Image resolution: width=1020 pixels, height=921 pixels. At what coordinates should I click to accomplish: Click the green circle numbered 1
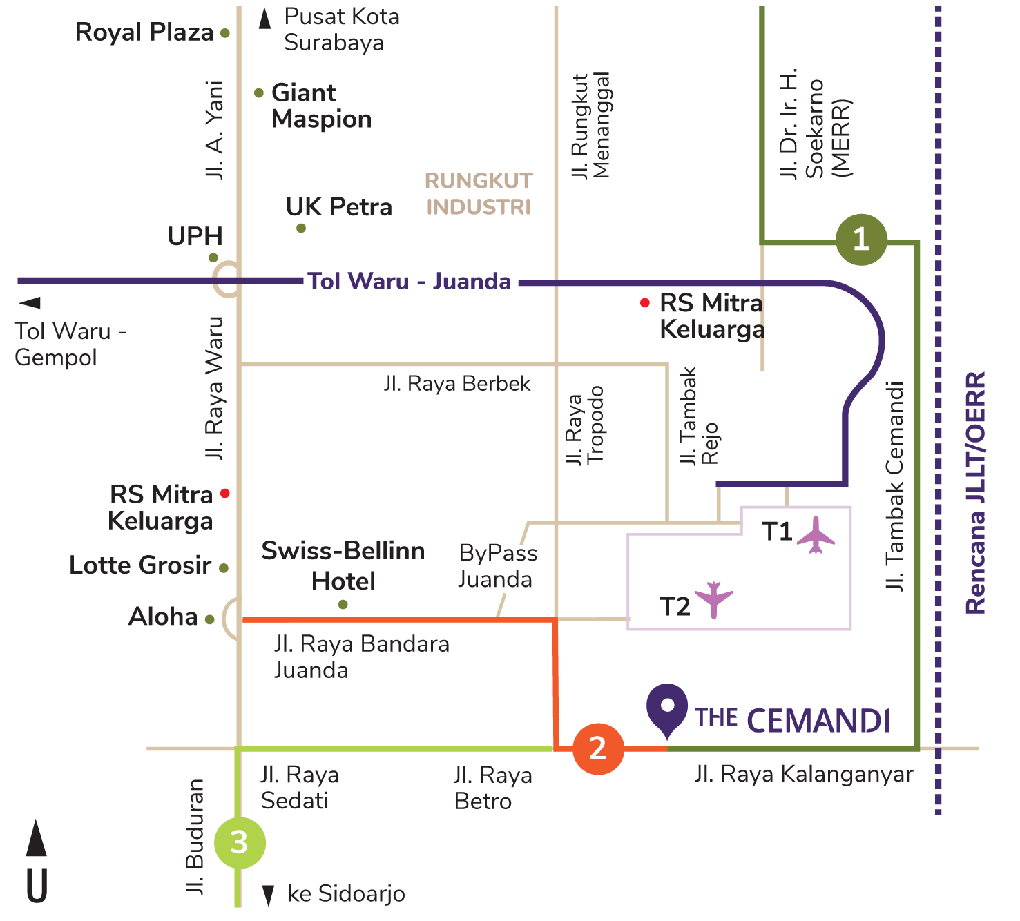click(x=860, y=240)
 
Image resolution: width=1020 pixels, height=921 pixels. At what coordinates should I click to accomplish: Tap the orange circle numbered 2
click(x=598, y=748)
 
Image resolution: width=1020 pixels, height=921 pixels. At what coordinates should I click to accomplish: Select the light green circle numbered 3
click(x=239, y=842)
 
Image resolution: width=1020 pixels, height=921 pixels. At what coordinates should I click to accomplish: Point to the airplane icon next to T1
click(x=816, y=535)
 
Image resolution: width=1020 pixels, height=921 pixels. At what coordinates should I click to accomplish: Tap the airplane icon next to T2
click(x=714, y=599)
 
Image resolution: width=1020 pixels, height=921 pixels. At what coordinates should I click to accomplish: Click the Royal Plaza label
click(x=144, y=32)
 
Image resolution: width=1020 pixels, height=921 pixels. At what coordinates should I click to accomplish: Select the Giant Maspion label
click(x=321, y=106)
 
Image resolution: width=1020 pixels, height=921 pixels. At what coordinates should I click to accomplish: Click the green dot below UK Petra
click(x=301, y=229)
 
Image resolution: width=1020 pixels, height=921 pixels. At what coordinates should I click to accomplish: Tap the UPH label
click(x=195, y=236)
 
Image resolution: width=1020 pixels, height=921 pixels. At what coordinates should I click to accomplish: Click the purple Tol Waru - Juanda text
click(x=410, y=282)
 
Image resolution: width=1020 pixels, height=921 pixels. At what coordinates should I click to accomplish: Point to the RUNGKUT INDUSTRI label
click(x=478, y=194)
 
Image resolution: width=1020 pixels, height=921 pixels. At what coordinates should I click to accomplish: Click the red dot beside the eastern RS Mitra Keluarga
click(x=644, y=302)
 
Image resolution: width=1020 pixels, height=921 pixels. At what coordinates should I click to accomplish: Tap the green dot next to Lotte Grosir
click(x=224, y=568)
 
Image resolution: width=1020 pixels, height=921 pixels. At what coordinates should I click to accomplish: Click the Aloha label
click(x=163, y=617)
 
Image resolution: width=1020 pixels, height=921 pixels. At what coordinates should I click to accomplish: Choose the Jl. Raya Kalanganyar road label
click(x=803, y=775)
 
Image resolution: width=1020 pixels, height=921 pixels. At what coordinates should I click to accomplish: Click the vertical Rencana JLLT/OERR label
click(x=974, y=493)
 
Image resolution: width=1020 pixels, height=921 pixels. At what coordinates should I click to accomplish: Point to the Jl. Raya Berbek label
click(x=457, y=384)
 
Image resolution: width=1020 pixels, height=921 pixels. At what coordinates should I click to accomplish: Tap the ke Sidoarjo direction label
click(x=346, y=894)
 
